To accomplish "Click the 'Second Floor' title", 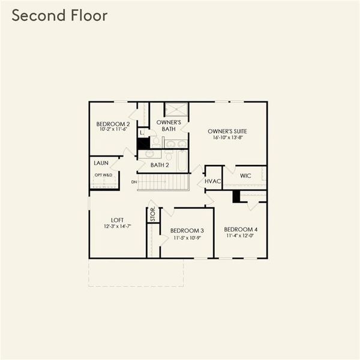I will [x=59, y=16].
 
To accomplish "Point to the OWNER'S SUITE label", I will [x=227, y=131].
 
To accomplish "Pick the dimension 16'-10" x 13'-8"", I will [x=227, y=137].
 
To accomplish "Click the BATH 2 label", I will [x=160, y=165].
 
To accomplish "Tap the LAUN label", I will [x=101, y=163].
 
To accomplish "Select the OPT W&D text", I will [x=103, y=175].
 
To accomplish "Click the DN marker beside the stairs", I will [x=134, y=181].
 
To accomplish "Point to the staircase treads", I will [x=163, y=182].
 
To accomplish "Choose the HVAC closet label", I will [x=213, y=181].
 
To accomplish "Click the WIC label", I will [x=245, y=176].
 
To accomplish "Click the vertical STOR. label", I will [x=152, y=214].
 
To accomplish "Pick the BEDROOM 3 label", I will [x=187, y=231].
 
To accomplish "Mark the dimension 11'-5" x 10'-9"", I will [x=187, y=238].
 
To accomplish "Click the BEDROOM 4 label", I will [x=241, y=229].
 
